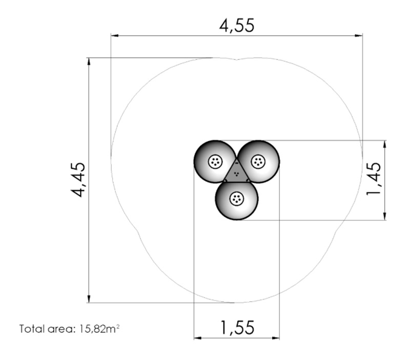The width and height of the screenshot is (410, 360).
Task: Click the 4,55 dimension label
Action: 237,26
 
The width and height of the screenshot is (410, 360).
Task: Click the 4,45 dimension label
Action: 78,180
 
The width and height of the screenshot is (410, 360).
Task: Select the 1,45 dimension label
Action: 374,179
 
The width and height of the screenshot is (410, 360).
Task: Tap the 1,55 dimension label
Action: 237,327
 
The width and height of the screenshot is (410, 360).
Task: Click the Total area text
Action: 47,329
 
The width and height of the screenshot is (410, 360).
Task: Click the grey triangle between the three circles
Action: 237,172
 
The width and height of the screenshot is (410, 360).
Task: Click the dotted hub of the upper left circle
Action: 215,162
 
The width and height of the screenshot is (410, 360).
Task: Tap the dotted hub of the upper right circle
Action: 258,162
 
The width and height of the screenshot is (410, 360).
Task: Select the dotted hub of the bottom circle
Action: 237,199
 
